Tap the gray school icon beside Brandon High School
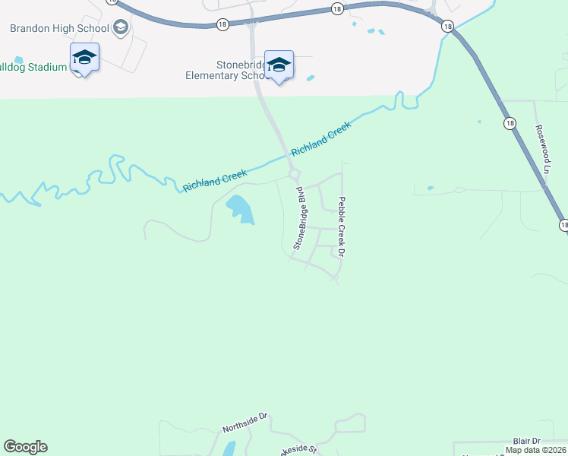tap(120, 28)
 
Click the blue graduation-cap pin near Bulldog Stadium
tap(84, 58)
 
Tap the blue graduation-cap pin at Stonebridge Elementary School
tap(279, 65)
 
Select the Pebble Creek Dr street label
tap(342, 226)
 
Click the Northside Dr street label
tap(245, 423)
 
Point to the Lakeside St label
tap(292, 449)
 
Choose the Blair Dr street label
tap(525, 441)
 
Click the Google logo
tap(25, 447)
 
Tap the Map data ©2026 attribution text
tap(535, 450)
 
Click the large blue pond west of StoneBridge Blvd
tap(240, 208)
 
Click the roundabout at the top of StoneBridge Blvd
tap(293, 176)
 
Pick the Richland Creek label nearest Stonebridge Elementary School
tap(321, 139)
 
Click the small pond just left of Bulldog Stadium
tap(18, 60)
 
